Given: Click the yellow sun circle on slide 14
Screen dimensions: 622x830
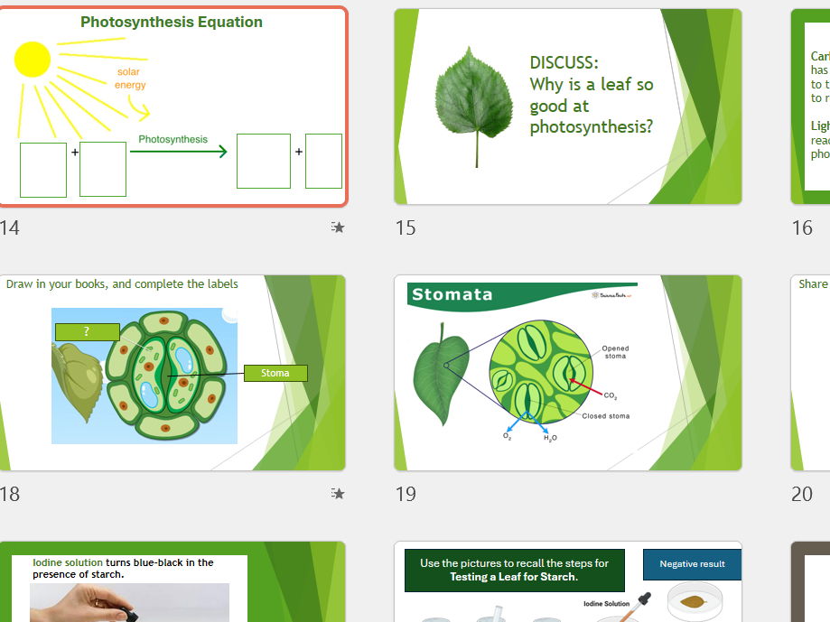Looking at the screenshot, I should pos(33,60).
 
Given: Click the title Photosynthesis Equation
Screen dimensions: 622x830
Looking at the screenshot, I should pos(172,23).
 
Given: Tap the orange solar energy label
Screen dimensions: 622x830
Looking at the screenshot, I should pos(129,79).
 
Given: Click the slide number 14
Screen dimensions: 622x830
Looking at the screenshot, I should pos(9,227).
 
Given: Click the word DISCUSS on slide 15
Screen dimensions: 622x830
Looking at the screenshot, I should pos(564,62).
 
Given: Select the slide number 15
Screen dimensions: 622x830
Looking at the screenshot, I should pos(406,227).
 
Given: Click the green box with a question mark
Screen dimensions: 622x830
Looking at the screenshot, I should pos(87,332).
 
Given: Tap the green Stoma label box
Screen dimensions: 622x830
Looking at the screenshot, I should pos(275,373).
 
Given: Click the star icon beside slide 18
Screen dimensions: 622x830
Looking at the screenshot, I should pos(337,494).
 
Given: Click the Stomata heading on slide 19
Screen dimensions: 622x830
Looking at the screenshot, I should pos(452,294).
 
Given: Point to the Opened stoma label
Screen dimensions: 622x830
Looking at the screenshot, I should pos(615,352).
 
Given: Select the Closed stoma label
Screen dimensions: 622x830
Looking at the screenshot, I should pos(605,416).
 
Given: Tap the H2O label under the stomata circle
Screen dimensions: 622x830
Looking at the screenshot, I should pos(550,438).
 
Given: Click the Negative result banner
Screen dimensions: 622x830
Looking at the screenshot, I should pos(691,564).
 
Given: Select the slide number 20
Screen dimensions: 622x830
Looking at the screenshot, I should pos(802,494).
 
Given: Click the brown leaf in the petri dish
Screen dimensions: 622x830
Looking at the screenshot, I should pos(693,600).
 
